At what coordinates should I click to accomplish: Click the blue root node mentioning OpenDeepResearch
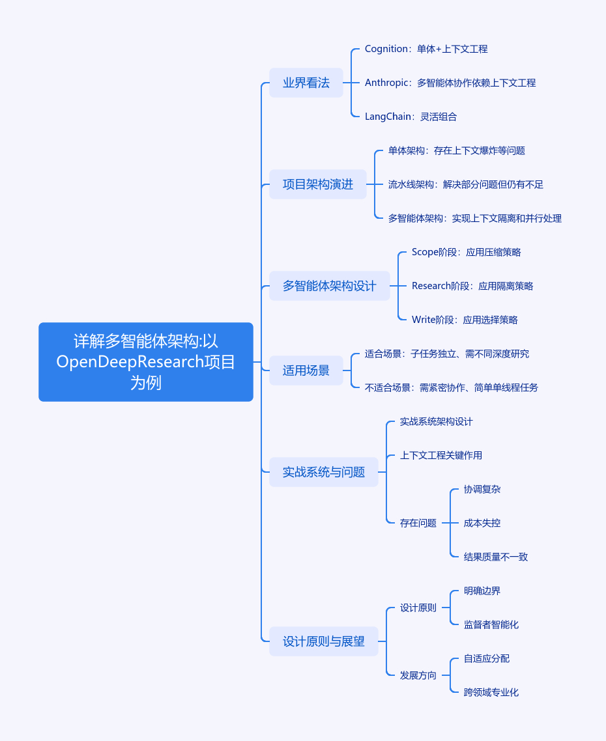146,362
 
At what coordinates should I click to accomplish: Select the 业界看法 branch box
306,83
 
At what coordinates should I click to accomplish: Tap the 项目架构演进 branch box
317,184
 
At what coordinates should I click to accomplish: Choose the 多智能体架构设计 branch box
329,286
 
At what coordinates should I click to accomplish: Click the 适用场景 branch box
306,370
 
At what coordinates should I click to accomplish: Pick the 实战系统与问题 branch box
323,472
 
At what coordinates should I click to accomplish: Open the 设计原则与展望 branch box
323,641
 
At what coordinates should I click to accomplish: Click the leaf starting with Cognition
426,49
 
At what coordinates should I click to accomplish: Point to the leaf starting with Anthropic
450,83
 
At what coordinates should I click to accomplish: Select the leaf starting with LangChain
411,117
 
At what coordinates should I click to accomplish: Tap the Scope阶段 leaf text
466,252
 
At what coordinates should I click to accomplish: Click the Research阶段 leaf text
472,286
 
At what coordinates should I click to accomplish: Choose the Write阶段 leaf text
465,320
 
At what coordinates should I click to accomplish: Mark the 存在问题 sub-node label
418,523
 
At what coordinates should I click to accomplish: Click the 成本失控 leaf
482,523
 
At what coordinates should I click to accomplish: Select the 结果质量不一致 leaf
496,557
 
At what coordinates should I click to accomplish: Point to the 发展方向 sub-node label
418,675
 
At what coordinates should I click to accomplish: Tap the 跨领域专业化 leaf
491,692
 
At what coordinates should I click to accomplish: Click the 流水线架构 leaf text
465,184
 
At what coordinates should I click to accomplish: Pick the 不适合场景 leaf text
452,387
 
